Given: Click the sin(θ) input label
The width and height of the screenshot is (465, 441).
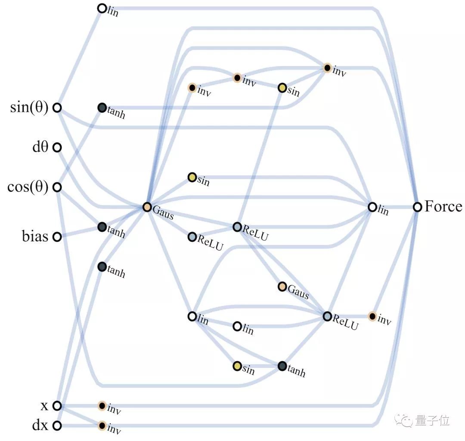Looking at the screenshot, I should click(29, 107).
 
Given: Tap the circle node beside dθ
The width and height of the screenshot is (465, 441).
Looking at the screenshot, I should click(57, 148).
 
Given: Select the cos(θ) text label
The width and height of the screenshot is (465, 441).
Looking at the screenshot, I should click(28, 187).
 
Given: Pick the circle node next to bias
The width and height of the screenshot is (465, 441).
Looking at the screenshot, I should click(57, 237).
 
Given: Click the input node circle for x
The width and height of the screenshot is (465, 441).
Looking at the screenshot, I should click(57, 405).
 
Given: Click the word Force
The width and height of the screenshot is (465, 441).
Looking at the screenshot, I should click(443, 207).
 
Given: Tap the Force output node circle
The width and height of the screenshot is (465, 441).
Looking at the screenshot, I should click(417, 207).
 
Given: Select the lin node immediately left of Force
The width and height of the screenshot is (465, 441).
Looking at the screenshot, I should click(372, 207).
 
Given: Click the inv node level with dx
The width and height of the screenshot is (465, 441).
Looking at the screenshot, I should click(102, 426).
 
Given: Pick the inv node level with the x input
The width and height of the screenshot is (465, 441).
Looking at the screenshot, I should click(102, 405).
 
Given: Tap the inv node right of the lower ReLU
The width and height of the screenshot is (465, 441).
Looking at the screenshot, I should click(372, 316).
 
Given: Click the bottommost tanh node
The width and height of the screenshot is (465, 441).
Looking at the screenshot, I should click(282, 366).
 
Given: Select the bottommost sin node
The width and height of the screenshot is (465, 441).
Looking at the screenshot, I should click(237, 366).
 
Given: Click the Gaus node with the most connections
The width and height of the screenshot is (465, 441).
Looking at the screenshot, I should click(147, 207).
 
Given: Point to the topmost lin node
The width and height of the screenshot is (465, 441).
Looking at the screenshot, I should click(102, 8).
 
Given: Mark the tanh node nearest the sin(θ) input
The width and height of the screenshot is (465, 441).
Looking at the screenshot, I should click(102, 108).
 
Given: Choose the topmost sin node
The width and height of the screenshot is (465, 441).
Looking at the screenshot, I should click(282, 88).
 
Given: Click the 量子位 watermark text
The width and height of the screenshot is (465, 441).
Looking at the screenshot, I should click(432, 420).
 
